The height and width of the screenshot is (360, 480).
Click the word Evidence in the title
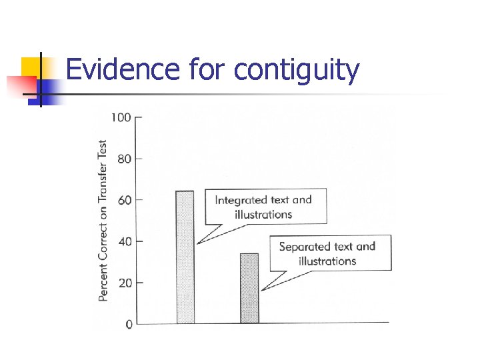[x=121, y=70]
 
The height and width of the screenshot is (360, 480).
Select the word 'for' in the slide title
[x=207, y=70]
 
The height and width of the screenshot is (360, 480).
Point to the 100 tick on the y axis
[x=121, y=118]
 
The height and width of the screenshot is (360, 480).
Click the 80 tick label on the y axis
[x=125, y=159]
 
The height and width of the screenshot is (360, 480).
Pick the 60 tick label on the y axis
[x=125, y=200]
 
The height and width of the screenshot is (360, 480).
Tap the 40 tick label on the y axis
[x=125, y=241]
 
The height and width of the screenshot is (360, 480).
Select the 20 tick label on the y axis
[x=125, y=283]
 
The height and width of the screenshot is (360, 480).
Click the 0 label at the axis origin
[x=129, y=324]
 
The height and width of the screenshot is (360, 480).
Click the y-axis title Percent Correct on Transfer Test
[x=103, y=220]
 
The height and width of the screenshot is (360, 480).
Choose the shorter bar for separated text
[x=249, y=288]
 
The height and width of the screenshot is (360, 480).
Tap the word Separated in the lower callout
[x=305, y=247]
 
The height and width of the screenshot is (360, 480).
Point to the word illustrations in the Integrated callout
[x=263, y=215]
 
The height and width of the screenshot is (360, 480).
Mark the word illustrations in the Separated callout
[x=327, y=261]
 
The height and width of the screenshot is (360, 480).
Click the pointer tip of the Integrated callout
[x=198, y=243]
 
